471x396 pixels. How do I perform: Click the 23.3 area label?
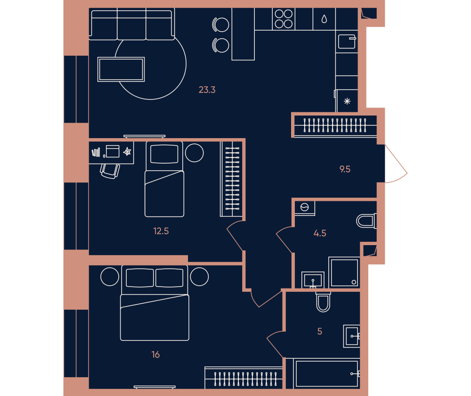tap(207, 90)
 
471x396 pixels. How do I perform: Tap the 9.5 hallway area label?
tap(345, 169)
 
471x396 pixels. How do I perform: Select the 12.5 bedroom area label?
tap(161, 231)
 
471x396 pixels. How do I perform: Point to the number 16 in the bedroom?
tap(155, 355)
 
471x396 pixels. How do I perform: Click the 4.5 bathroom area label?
tap(320, 233)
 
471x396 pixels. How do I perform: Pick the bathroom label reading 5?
tap(320, 331)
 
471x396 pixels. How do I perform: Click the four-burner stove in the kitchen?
tap(284, 19)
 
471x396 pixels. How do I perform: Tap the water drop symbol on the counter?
tap(324, 19)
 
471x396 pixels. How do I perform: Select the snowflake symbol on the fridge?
tap(347, 101)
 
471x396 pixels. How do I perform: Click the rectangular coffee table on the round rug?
tap(121, 69)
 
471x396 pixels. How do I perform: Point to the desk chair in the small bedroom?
tap(110, 171)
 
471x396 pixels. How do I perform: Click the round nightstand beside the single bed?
tap(195, 153)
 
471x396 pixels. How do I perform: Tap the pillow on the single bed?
tap(164, 154)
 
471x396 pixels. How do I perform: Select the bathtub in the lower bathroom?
tap(327, 373)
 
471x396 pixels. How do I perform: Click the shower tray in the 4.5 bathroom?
tap(344, 272)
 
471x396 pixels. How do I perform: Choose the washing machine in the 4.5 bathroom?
tap(305, 208)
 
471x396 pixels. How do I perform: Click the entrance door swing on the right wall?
tap(396, 164)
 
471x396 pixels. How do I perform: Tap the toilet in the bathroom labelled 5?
tap(323, 302)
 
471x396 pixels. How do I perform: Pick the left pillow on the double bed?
tap(140, 278)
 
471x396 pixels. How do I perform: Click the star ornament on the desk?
tap(127, 151)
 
